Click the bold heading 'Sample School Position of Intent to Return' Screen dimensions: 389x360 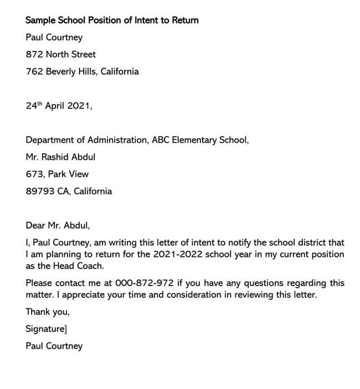point(112,20)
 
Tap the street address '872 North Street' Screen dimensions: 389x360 point(60,54)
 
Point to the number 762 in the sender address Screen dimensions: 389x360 point(34,71)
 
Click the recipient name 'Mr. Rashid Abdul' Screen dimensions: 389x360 point(60,157)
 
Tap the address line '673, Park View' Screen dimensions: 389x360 point(57,174)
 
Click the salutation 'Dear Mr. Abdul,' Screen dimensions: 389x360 point(57,226)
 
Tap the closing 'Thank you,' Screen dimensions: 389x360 point(48,312)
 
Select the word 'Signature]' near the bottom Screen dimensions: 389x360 point(47,329)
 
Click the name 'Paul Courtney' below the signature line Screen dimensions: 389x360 point(54,346)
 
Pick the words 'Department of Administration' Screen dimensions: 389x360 point(85,140)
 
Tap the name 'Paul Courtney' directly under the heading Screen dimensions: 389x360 point(54,37)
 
